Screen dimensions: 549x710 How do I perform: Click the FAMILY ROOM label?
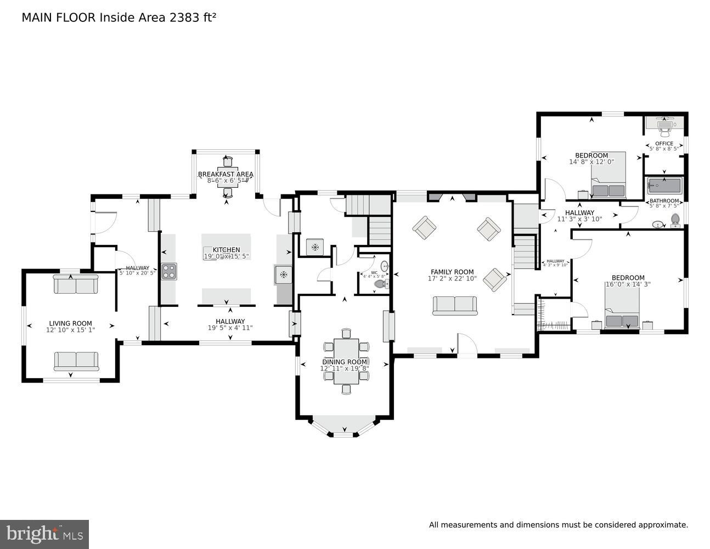[x=452, y=272]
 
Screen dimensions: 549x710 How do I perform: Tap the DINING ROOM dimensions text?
[x=345, y=369]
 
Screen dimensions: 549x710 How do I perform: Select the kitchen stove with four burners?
[x=169, y=271]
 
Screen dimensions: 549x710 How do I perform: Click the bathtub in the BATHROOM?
[x=664, y=186]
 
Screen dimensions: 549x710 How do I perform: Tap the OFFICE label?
[x=664, y=143]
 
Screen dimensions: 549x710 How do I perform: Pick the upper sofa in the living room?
[x=76, y=284]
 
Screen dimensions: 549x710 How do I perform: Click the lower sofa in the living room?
[x=76, y=361]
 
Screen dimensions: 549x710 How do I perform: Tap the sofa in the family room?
[x=454, y=305]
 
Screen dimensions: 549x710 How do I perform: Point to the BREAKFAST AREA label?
[x=226, y=175]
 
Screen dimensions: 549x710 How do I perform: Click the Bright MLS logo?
[x=44, y=534]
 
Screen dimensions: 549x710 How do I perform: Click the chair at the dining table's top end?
[x=346, y=333]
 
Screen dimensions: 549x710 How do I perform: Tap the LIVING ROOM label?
[x=70, y=323]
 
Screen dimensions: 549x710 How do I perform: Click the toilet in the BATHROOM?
[x=675, y=220]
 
